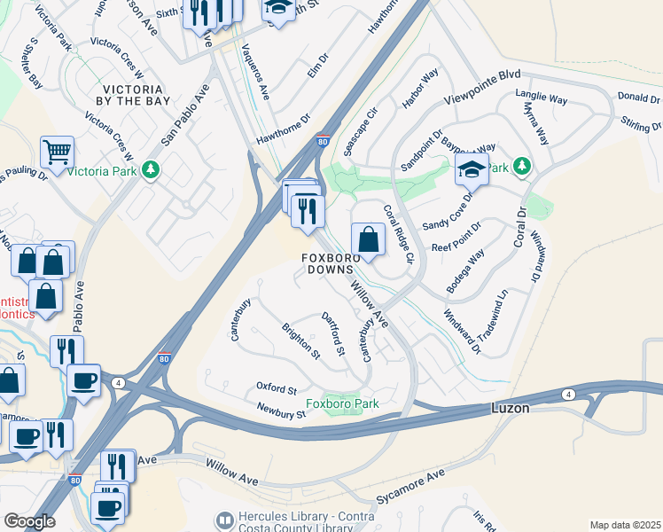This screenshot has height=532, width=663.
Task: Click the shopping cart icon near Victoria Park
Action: [x=57, y=153]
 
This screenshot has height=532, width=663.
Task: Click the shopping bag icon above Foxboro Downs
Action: [x=368, y=239]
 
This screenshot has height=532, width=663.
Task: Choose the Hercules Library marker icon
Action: [x=225, y=519]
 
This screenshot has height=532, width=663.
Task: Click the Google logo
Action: [x=29, y=521]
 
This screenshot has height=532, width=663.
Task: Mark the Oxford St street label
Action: [x=276, y=388]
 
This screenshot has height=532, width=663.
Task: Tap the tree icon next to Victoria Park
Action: [x=152, y=168]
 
